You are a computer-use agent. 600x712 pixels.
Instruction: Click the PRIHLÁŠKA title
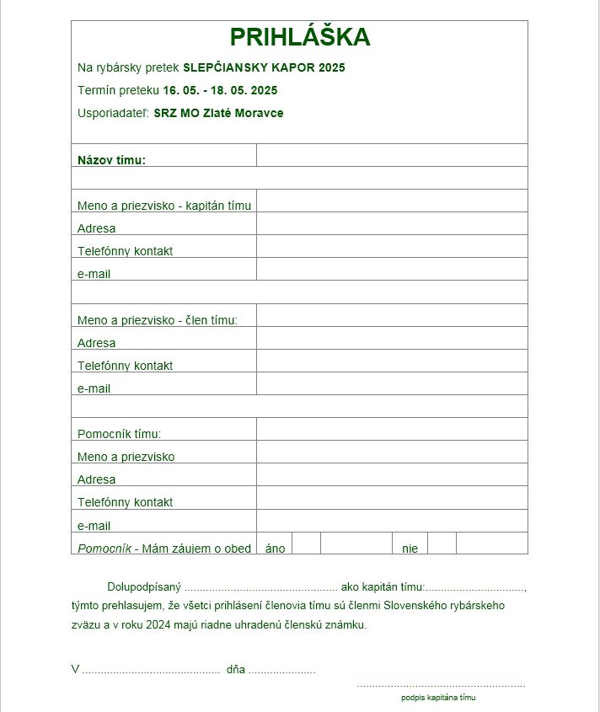pos(300,38)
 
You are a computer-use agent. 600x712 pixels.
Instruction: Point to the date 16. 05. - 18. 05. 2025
pos(220,90)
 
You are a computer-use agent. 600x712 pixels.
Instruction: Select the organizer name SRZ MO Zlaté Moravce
pos(218,113)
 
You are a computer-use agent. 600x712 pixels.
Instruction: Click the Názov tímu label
pos(111,160)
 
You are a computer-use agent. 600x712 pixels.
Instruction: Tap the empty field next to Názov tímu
pos(392,156)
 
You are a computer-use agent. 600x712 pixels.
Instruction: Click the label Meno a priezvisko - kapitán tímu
pos(164,206)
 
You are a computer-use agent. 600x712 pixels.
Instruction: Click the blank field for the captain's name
pos(392,201)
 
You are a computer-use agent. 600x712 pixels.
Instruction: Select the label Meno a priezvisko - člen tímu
pos(158,320)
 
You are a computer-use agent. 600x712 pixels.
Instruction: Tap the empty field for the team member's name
pos(392,316)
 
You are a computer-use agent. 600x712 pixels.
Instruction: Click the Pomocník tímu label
pos(119,434)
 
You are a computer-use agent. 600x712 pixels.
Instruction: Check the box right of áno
pos(306,543)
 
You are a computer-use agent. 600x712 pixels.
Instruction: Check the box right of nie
pos(442,543)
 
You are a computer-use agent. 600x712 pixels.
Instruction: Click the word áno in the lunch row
pos(275,549)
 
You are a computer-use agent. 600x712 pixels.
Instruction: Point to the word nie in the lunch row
pos(410,549)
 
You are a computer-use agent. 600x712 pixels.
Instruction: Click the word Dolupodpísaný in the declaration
pos(144,586)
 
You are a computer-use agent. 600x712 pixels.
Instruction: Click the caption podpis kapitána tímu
pos(439,698)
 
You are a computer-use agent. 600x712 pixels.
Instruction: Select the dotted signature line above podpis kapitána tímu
pos(441,686)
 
